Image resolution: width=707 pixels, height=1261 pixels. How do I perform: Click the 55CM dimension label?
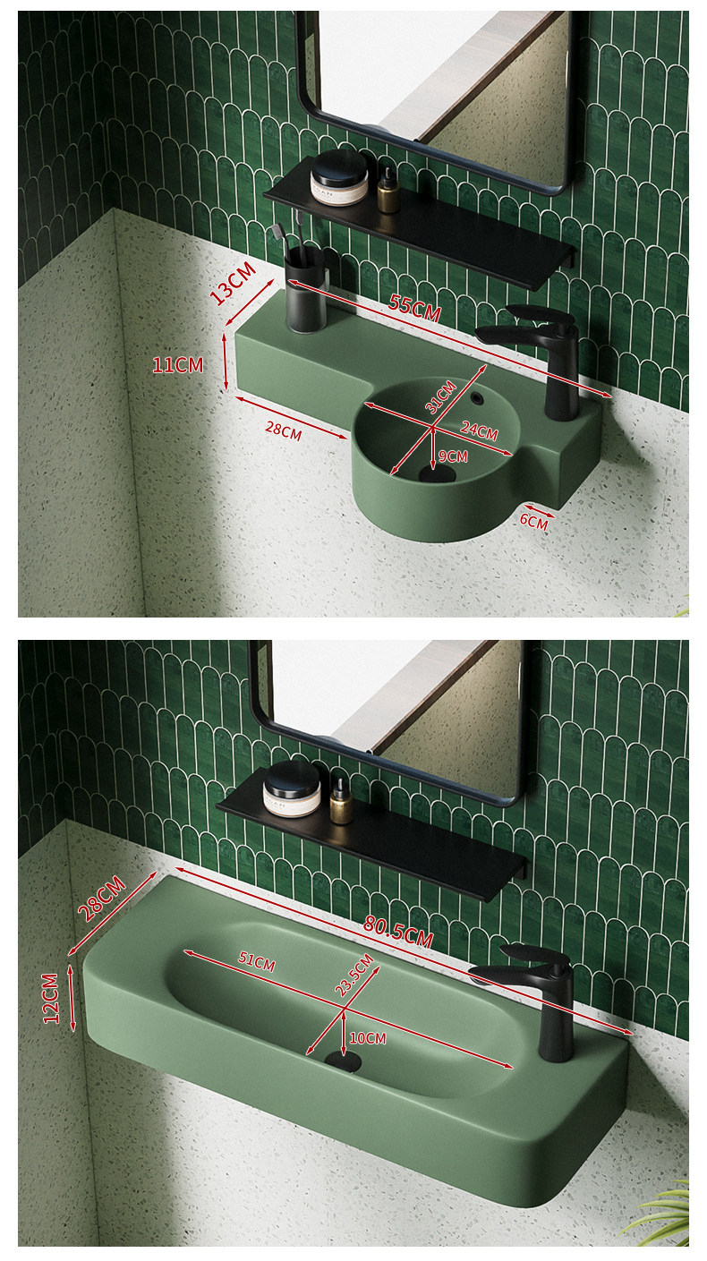click(x=415, y=308)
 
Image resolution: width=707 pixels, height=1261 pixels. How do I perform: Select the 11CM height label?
click(x=178, y=365)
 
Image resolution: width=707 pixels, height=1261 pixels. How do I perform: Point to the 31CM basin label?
click(x=440, y=396)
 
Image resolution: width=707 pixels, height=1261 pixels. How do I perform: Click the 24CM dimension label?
click(x=479, y=430)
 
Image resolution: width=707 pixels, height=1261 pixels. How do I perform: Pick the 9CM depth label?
click(x=453, y=456)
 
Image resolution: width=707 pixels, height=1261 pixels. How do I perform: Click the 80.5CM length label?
click(x=398, y=932)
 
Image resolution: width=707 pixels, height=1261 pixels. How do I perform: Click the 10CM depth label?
click(x=368, y=1038)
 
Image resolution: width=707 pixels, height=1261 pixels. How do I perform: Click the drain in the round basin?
click(x=437, y=474)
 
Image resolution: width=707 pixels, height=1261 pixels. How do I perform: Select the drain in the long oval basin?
click(x=343, y=1061)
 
